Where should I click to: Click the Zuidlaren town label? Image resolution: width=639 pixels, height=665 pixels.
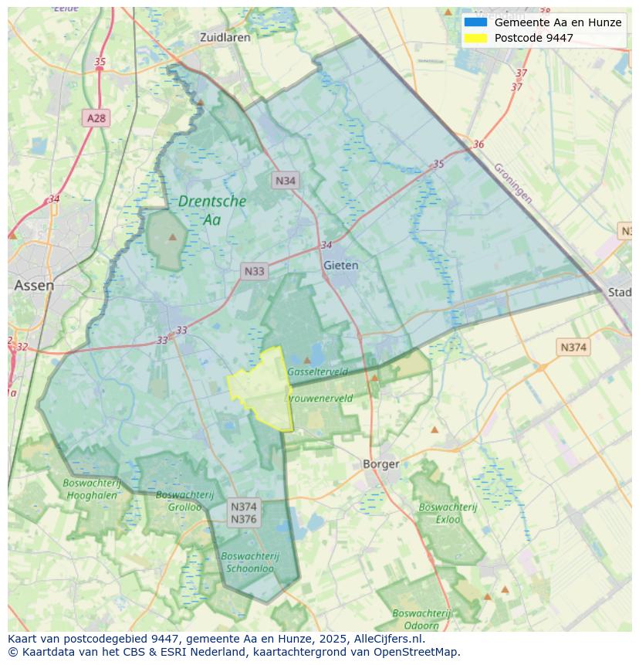pos(225,37)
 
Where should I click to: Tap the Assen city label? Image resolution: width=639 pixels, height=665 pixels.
pos(34,285)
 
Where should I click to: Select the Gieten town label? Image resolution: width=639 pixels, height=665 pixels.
pos(340,265)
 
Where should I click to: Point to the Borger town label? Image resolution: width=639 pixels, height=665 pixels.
pos(381,464)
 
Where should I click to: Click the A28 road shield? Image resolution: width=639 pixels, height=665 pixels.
pos(96,118)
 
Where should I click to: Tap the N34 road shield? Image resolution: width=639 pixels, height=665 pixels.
pos(286,181)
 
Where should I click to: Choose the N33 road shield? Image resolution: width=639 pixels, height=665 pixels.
pos(254,271)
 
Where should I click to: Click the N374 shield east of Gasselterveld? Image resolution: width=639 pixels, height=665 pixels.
pos(573,348)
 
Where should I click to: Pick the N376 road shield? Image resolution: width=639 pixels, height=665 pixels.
pos(244,519)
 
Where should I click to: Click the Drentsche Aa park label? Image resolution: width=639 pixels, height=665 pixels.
pos(211,210)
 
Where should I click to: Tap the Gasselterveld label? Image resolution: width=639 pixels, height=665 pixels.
pos(317,372)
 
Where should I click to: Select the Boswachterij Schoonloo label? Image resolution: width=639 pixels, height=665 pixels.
pos(249,562)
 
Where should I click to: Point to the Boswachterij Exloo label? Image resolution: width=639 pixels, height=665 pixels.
pos(448,513)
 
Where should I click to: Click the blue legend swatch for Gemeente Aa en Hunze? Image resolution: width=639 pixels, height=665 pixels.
pos(475,22)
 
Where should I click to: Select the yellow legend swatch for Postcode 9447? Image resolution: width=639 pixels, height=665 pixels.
pos(475,38)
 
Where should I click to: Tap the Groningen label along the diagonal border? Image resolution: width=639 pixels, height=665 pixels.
pos(512,183)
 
